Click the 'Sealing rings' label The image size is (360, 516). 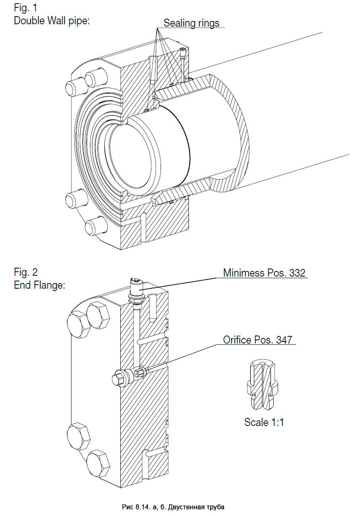click(x=191, y=23)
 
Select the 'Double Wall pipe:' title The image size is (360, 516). click(x=51, y=21)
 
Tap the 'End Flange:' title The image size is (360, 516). click(x=39, y=285)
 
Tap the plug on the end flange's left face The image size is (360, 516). click(x=120, y=379)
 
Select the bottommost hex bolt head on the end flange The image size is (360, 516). click(x=98, y=464)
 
